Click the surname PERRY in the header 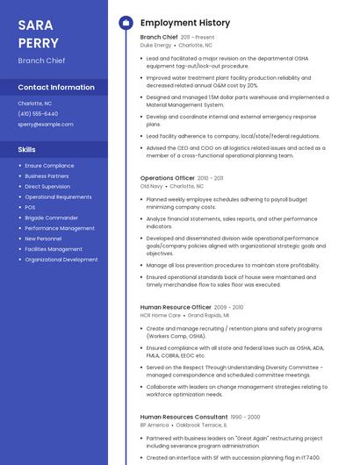pyautogui.click(x=39, y=43)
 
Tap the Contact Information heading pyautogui.click(x=56, y=87)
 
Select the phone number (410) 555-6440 pyautogui.click(x=38, y=113)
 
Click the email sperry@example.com pyautogui.click(x=46, y=124)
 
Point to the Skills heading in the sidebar pyautogui.click(x=27, y=149)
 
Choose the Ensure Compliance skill pyautogui.click(x=49, y=165)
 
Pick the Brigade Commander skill pyautogui.click(x=51, y=218)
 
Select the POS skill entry pyautogui.click(x=30, y=207)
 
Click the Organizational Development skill pyautogui.click(x=61, y=260)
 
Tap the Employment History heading pyautogui.click(x=185, y=22)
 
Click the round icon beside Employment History pyautogui.click(x=125, y=22)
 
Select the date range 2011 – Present pyautogui.click(x=198, y=38)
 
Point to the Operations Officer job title pyautogui.click(x=168, y=178)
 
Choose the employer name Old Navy pyautogui.click(x=152, y=186)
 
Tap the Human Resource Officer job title pyautogui.click(x=176, y=307)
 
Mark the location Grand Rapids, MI pyautogui.click(x=208, y=315)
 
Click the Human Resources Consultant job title pyautogui.click(x=184, y=417)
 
